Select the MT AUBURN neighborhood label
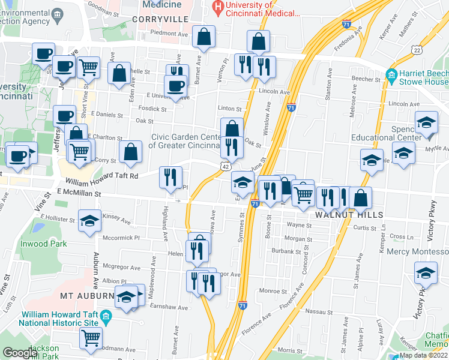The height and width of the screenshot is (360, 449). pyautogui.click(x=87, y=296)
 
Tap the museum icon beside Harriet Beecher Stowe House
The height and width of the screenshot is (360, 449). pyautogui.click(x=391, y=76)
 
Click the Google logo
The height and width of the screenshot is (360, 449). pyautogui.click(x=20, y=352)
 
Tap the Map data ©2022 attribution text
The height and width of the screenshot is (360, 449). pyautogui.click(x=423, y=355)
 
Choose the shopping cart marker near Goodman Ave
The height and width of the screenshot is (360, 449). pyautogui.click(x=91, y=338)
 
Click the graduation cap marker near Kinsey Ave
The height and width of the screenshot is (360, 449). pyautogui.click(x=89, y=221)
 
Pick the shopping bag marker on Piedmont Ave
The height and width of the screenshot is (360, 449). pyautogui.click(x=204, y=37)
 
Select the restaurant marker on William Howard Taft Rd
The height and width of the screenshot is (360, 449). pyautogui.click(x=170, y=176)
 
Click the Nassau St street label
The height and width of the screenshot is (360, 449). pyautogui.click(x=317, y=312)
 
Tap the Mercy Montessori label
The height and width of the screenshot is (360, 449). pyautogui.click(x=417, y=252)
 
